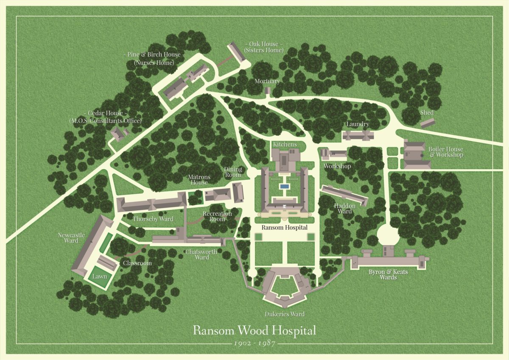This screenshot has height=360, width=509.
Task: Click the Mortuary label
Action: (267, 81)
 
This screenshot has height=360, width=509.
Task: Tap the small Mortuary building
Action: (268, 90)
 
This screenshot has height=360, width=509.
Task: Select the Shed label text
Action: (427, 112)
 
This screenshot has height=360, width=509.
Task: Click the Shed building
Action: (428, 123)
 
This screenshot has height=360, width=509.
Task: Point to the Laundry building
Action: (358, 135)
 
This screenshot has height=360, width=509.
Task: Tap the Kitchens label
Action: (285, 145)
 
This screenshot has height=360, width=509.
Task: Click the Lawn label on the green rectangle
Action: (101, 276)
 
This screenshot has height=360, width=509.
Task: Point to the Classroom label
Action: (137, 263)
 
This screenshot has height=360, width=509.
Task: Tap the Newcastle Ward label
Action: (72, 237)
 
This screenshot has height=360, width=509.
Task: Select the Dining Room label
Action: (233, 172)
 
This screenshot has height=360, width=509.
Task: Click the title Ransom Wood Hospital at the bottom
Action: (255, 330)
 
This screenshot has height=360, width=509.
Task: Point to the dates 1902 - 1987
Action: (255, 343)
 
